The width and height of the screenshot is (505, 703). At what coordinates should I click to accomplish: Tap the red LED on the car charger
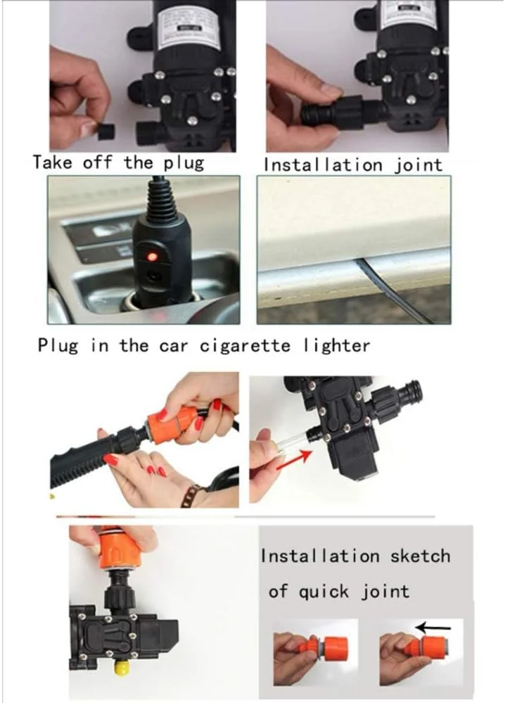[x=150, y=257]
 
